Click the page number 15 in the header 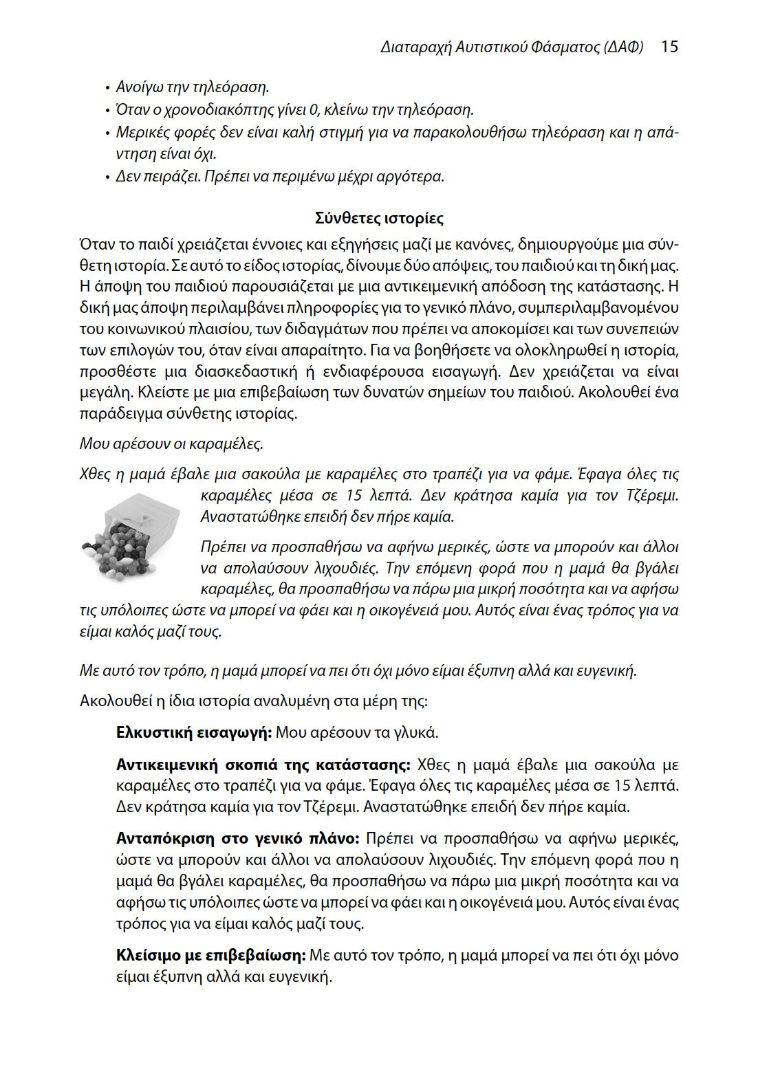point(669,47)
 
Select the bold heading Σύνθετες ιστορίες point(379,219)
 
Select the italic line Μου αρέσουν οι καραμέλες point(171,443)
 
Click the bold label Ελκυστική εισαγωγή point(194,732)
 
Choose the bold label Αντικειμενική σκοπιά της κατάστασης point(263,765)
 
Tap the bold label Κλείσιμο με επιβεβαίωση point(210,956)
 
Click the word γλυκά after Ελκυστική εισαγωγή point(418,732)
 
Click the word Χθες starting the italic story point(95,474)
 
